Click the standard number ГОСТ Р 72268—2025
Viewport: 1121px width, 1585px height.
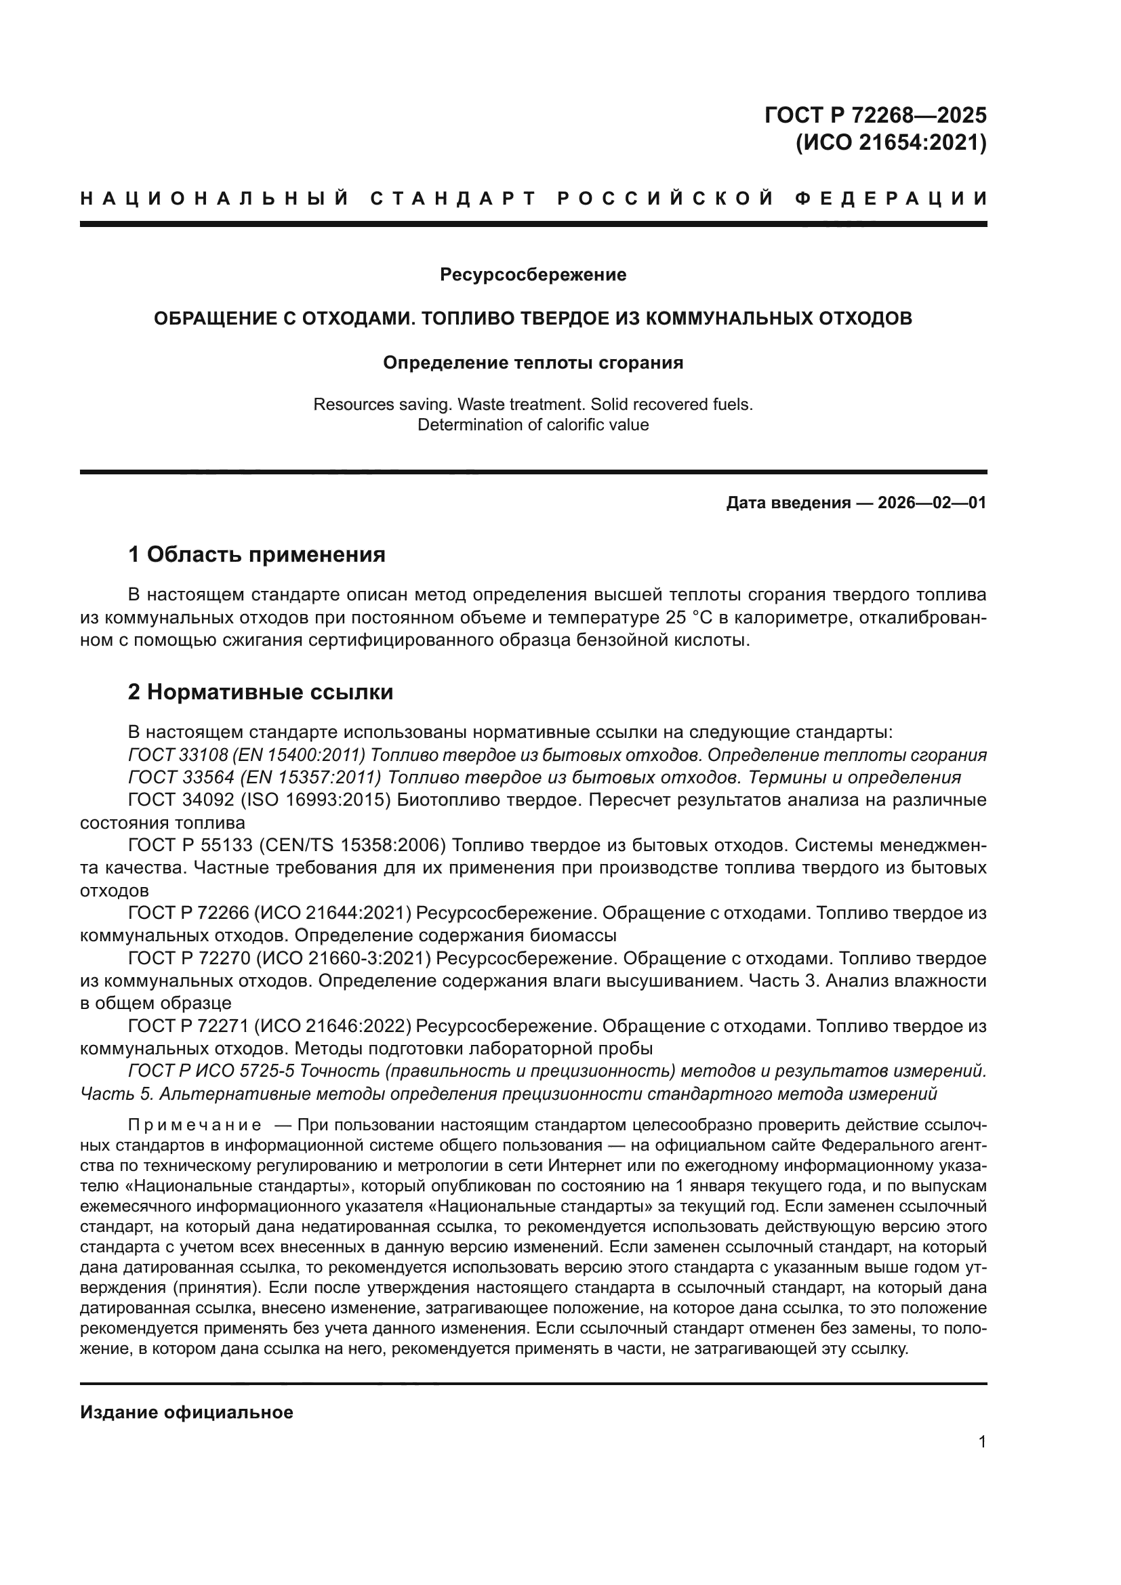(875, 115)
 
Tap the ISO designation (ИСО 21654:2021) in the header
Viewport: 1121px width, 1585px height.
(891, 143)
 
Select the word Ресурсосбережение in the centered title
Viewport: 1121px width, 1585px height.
(533, 274)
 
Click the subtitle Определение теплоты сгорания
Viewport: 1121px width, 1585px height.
(533, 363)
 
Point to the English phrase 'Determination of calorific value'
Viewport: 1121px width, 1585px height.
(533, 425)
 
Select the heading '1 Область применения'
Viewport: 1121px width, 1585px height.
(256, 554)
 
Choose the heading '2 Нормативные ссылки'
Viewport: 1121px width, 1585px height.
(260, 692)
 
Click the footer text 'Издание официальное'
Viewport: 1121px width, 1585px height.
(186, 1412)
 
